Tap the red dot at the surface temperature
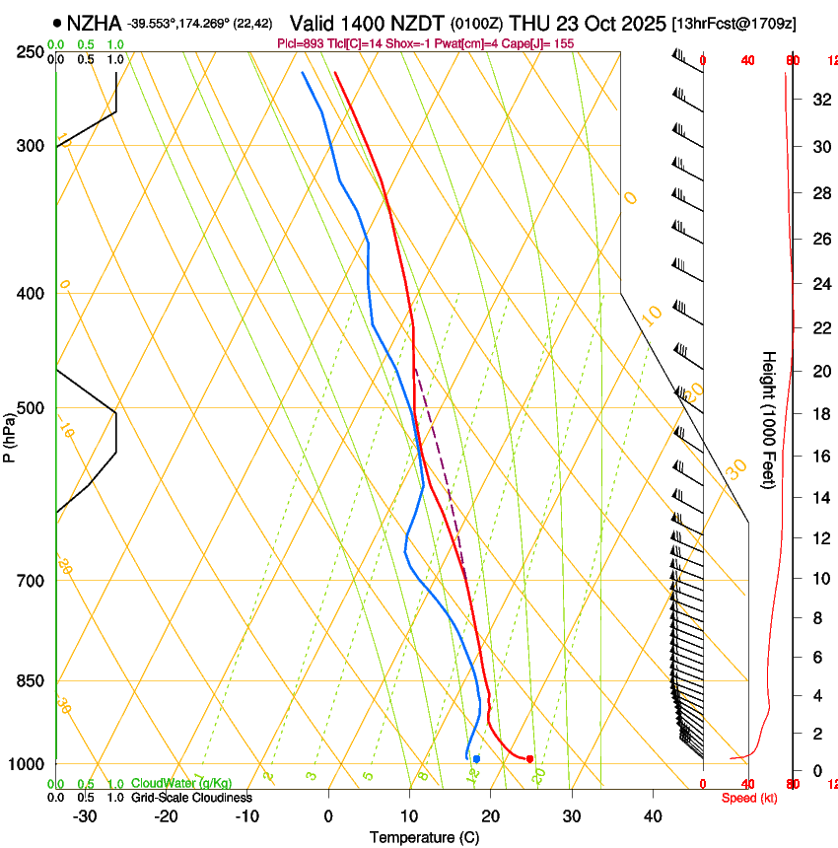(529, 758)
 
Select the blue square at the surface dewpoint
(476, 758)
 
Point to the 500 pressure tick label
(31, 408)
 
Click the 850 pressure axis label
(31, 680)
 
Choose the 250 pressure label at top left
(31, 51)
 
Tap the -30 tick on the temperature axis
(85, 815)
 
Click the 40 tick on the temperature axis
(653, 815)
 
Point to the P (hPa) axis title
(10, 435)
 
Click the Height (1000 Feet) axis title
(770, 419)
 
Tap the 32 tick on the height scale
(818, 99)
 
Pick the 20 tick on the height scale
(818, 371)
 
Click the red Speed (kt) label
(748, 798)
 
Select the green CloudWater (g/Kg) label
(181, 783)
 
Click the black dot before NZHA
(57, 22)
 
